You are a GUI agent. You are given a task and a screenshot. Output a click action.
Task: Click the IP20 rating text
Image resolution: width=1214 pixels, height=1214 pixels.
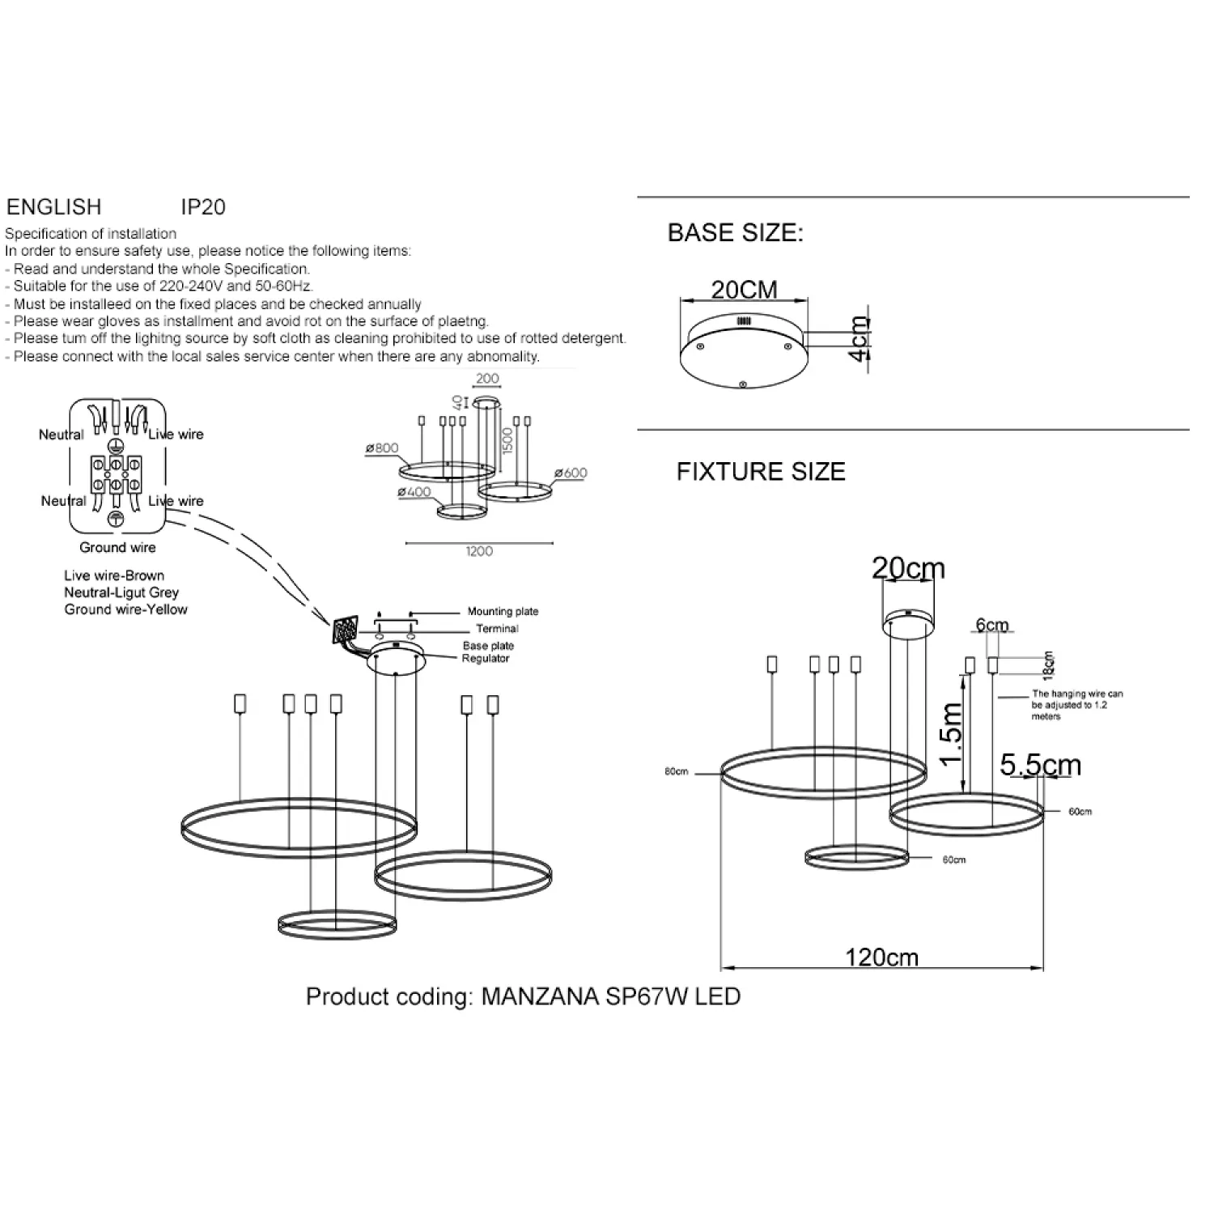pyautogui.click(x=203, y=207)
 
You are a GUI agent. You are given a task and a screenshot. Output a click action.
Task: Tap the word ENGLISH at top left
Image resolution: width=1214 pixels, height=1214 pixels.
pyautogui.click(x=54, y=207)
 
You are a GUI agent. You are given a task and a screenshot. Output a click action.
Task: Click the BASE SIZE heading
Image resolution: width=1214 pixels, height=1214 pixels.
pyautogui.click(x=736, y=233)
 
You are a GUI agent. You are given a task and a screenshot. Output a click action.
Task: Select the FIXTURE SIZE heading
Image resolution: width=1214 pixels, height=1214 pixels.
pyautogui.click(x=761, y=471)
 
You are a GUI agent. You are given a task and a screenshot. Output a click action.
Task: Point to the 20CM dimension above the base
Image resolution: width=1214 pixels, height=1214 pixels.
pyautogui.click(x=745, y=290)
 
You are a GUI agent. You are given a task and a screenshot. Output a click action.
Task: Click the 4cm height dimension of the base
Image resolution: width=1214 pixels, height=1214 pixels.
pyautogui.click(x=860, y=339)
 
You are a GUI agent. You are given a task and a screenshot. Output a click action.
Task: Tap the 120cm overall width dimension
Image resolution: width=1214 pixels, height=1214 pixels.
pyautogui.click(x=881, y=957)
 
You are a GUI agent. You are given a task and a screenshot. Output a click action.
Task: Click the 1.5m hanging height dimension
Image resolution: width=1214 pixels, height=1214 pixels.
pyautogui.click(x=952, y=733)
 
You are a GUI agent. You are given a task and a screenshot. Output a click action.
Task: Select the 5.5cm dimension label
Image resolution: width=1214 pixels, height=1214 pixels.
pyautogui.click(x=1041, y=765)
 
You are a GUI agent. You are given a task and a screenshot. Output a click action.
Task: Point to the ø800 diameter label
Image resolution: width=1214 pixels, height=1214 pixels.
pyautogui.click(x=382, y=448)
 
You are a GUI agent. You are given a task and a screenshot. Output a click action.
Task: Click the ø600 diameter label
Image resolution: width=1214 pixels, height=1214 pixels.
pyautogui.click(x=571, y=473)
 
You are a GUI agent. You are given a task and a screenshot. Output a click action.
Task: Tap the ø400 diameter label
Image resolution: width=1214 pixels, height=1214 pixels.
pyautogui.click(x=414, y=492)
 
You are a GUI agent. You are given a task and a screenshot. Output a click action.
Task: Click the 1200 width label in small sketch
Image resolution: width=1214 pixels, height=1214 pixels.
pyautogui.click(x=479, y=551)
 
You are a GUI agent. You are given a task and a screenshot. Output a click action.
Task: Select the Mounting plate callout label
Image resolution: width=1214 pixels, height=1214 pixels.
pyautogui.click(x=503, y=612)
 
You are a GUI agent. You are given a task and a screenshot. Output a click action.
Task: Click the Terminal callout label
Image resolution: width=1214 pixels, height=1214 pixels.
pyautogui.click(x=497, y=629)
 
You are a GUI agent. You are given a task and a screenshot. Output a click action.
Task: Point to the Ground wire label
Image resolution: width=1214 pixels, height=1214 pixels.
pyautogui.click(x=117, y=548)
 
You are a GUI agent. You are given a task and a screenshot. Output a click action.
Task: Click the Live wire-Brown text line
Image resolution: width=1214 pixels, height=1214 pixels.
pyautogui.click(x=114, y=575)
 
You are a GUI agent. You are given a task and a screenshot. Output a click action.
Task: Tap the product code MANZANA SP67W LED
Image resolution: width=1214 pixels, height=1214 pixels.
pyautogui.click(x=611, y=996)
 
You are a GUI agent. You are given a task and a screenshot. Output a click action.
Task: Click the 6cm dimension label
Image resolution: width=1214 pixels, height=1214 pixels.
pyautogui.click(x=992, y=625)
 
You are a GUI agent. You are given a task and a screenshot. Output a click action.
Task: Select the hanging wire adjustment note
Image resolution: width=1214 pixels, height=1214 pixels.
pyautogui.click(x=1077, y=705)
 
